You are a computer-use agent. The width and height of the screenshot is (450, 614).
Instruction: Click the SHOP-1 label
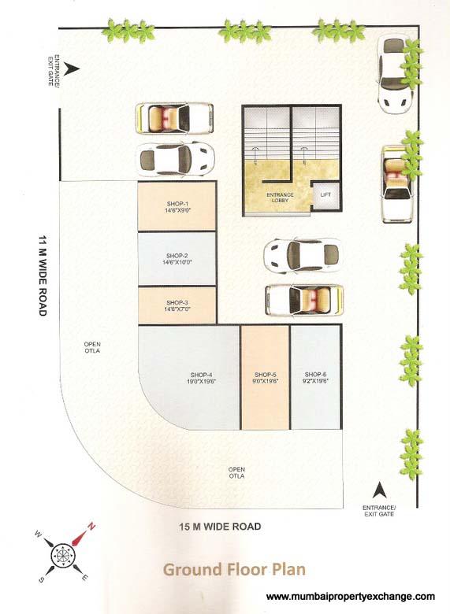click(177, 203)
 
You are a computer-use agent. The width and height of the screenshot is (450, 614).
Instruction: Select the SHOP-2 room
click(177, 259)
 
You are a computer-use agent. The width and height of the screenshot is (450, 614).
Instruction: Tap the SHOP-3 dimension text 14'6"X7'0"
click(177, 310)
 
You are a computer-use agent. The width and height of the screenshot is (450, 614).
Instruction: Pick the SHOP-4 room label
click(202, 374)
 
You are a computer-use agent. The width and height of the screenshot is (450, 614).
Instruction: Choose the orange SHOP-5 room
click(265, 378)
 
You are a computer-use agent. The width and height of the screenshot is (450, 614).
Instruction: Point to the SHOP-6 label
click(315, 374)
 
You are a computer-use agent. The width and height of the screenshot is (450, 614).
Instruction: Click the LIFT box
click(325, 194)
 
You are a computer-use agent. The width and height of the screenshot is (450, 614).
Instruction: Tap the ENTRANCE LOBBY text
click(279, 197)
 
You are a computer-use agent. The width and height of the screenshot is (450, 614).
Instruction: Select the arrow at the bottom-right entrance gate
click(377, 490)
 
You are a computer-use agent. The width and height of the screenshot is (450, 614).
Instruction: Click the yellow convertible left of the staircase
click(174, 119)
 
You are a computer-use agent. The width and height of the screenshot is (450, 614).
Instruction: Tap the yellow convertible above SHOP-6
click(303, 299)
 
